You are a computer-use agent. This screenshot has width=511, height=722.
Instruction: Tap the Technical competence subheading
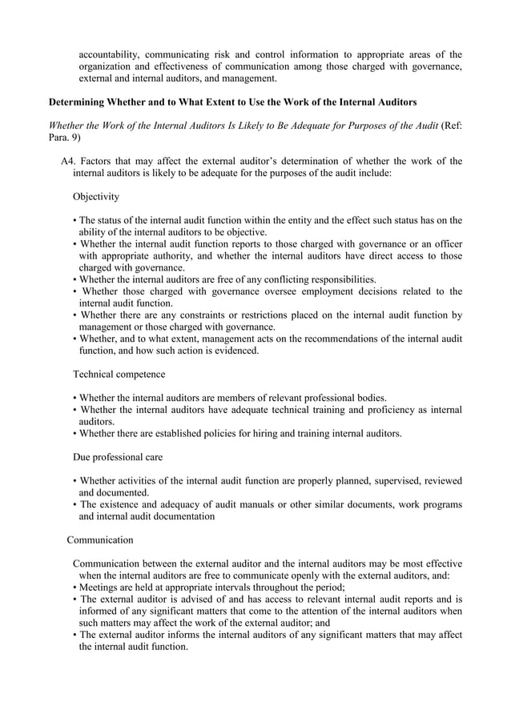click(119, 374)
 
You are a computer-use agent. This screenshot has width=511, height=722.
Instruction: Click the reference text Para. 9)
click(66, 138)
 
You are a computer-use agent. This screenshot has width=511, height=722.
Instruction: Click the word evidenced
click(234, 351)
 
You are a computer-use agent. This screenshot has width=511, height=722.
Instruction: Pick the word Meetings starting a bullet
click(102, 588)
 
